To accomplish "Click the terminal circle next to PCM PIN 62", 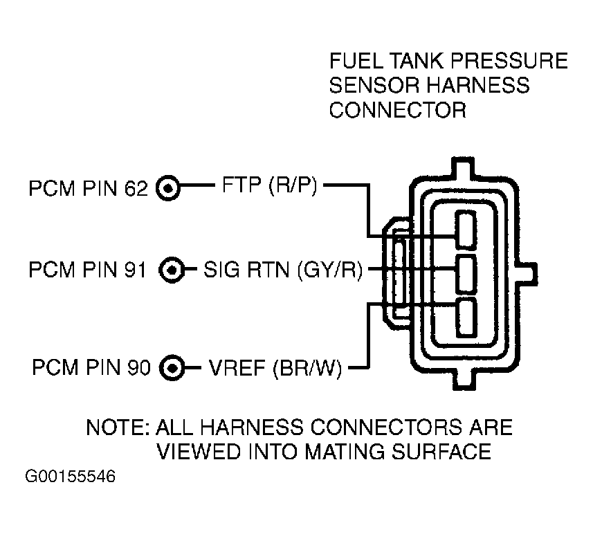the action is click(x=168, y=187).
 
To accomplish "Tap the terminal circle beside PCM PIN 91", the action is click(x=172, y=270).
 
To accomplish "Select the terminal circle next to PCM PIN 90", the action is click(x=172, y=367).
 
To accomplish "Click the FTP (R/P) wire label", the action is click(x=269, y=185).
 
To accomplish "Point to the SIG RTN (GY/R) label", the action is click(x=283, y=270).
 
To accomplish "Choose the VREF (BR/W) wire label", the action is click(x=275, y=367).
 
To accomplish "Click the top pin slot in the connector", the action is click(x=466, y=230).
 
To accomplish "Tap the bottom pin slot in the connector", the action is click(x=466, y=317).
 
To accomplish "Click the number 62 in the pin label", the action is click(x=136, y=188).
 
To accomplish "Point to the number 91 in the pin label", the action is click(x=135, y=270).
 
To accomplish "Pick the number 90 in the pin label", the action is click(x=139, y=367).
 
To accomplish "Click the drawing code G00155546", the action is click(x=71, y=477).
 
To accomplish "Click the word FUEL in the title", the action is click(x=356, y=61).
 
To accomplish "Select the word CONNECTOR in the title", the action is click(x=397, y=111).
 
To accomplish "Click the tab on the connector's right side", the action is click(x=528, y=274).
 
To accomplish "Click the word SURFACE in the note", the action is click(x=441, y=452).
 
